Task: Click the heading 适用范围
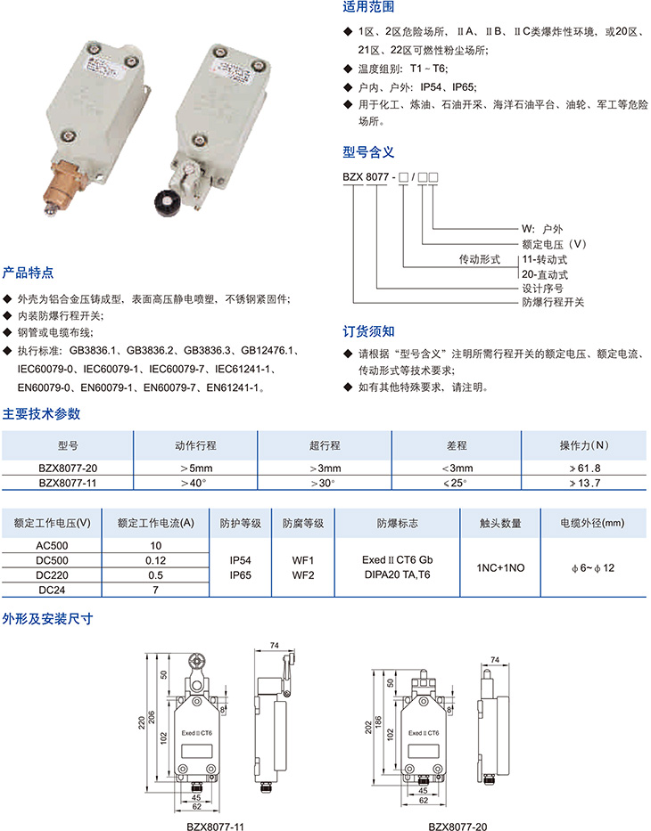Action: (368, 7)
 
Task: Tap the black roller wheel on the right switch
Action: (167, 202)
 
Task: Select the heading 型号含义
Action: (368, 152)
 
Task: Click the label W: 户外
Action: (541, 229)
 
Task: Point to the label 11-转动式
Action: (544, 260)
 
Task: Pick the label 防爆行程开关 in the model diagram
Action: (553, 302)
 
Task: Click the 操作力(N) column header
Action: (584, 445)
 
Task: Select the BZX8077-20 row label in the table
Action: (68, 468)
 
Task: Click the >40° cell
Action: (194, 483)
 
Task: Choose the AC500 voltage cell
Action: (52, 545)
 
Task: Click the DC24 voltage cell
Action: (52, 590)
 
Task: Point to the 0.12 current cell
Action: (155, 560)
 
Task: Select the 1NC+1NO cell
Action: (500, 567)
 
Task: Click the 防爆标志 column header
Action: (398, 523)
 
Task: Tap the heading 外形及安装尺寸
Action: (48, 618)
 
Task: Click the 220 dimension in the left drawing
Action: (142, 723)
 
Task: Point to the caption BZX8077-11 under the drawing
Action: (215, 827)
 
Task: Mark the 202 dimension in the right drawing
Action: (368, 728)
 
